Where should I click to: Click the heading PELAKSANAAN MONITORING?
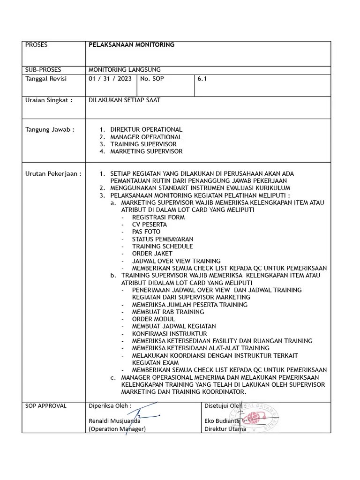131,45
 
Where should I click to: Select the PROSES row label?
36,45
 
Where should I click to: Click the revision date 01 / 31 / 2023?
110,79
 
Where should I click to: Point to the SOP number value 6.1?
202,79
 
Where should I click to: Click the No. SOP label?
152,79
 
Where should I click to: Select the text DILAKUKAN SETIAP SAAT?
124,100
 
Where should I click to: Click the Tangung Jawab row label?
49,129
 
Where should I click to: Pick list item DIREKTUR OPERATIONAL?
146,129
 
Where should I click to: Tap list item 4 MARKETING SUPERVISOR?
146,151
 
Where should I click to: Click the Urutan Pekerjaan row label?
53,173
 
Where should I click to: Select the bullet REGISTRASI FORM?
158,217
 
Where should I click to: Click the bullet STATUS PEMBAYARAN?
162,239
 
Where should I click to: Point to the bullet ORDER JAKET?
152,254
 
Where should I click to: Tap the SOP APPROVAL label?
45,405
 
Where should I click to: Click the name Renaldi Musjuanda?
114,421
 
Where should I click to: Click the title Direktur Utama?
225,429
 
